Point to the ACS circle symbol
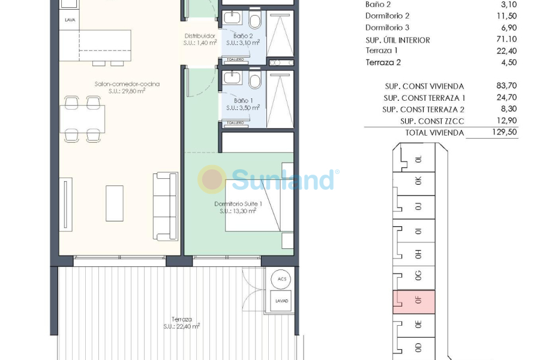coord(281,280)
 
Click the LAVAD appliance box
coord(281,301)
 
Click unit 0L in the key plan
coord(418,160)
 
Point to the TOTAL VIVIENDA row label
coord(434,133)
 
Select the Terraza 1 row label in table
coord(382,51)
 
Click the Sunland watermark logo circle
coord(212,179)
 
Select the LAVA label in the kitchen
coord(70,20)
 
